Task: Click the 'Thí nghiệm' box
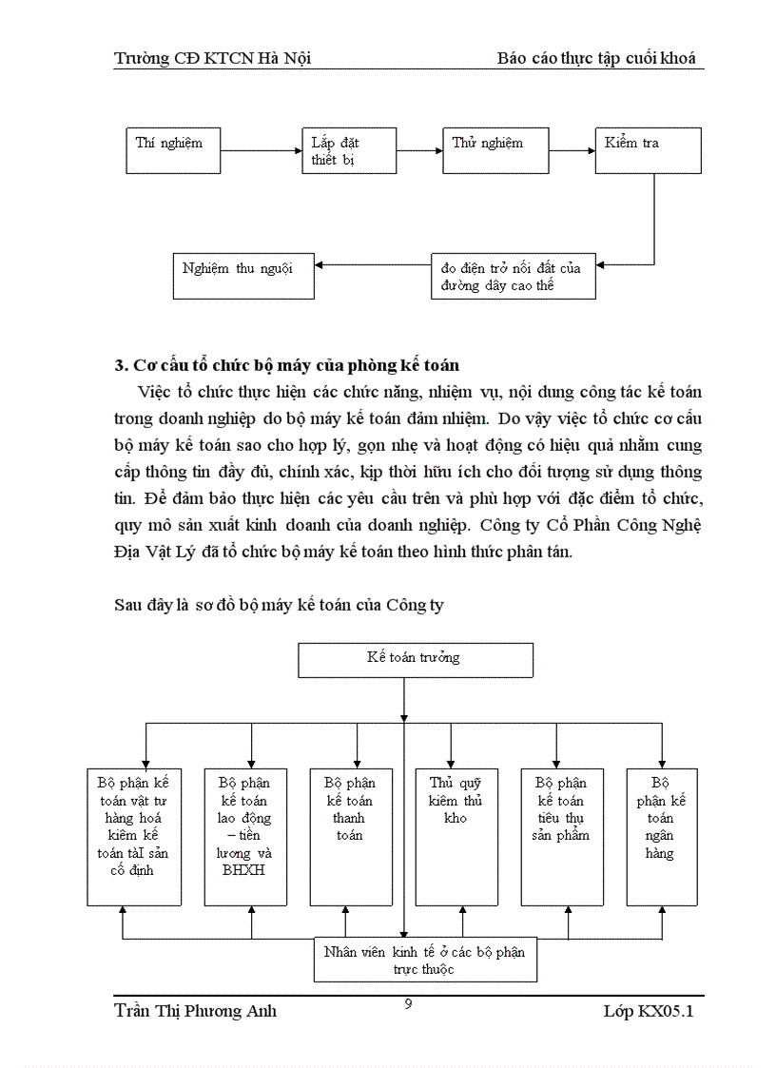coord(174,149)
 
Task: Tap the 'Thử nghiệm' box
coord(495,149)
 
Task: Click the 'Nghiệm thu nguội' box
coord(242,275)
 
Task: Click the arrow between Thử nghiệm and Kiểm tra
coord(572,149)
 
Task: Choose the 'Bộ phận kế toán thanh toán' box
coord(349,836)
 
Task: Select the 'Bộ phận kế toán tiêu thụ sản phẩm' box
coord(561,836)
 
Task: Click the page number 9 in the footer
coord(408,1003)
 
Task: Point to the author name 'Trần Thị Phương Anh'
coord(195,1011)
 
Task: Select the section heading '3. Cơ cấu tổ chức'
coord(286,364)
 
